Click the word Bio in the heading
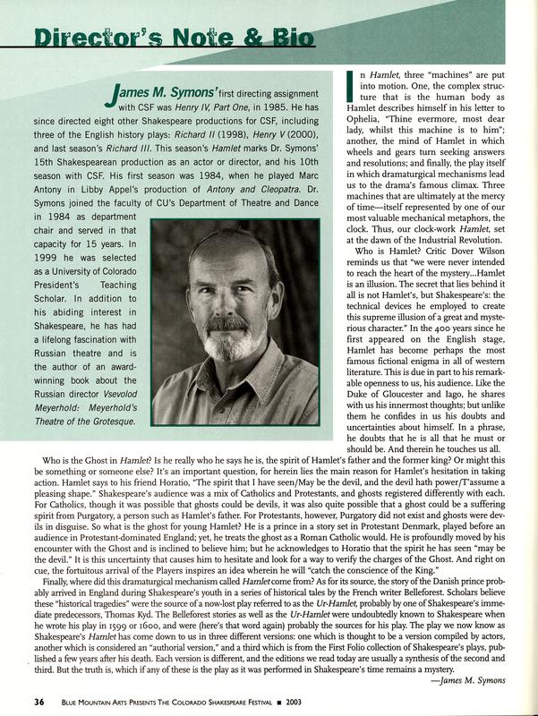pos(288,38)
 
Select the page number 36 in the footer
pos(27,698)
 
